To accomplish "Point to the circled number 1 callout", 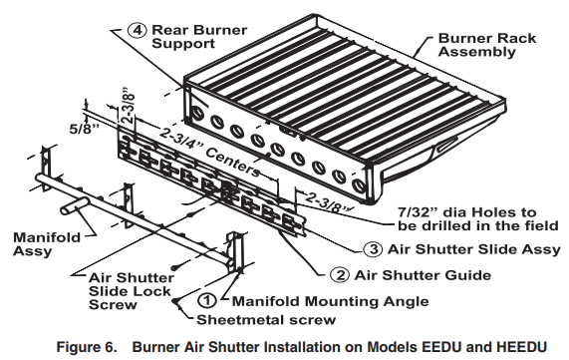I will pos(207,297).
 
